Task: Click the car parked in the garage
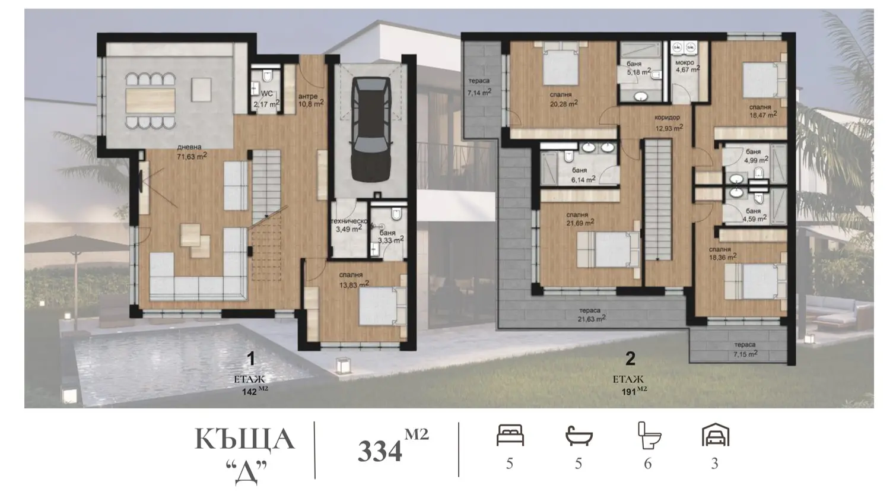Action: click(370, 129)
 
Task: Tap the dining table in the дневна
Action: click(150, 101)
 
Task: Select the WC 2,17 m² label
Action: click(266, 99)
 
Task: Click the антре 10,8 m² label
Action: click(311, 100)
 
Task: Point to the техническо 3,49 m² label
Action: click(349, 226)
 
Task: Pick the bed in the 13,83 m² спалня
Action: click(382, 306)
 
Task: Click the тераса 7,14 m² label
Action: click(479, 87)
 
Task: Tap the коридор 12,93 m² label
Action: click(669, 123)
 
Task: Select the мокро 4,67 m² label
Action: click(687, 66)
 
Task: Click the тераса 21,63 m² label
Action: click(591, 315)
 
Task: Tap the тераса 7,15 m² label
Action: click(745, 349)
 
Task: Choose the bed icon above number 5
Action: click(510, 435)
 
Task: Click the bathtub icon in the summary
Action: click(579, 436)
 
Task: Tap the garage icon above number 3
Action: click(716, 434)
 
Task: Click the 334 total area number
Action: click(380, 451)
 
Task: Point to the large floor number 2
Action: click(630, 359)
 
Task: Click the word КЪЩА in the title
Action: click(244, 439)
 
